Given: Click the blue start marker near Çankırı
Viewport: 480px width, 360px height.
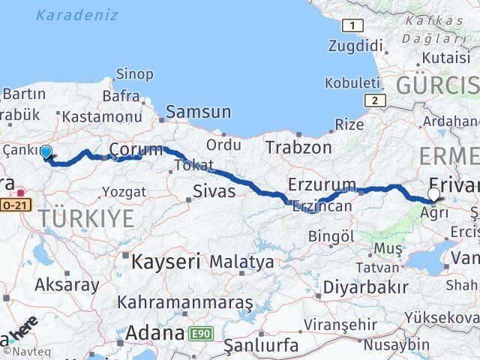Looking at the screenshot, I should point(46,152).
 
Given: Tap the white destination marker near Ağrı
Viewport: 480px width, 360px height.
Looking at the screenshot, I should point(433,195).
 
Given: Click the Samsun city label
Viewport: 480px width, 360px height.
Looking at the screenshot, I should point(199,112).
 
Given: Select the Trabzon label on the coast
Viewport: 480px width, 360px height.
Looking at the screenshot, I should point(298,147).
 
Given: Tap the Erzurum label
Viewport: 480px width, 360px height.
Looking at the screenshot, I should point(322,184).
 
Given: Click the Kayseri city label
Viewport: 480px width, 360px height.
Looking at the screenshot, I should point(166,262).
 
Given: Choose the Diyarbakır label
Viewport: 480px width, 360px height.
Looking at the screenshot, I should point(365,286).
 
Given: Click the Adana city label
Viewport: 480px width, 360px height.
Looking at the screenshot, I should point(155,332).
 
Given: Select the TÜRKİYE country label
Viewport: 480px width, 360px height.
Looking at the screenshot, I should point(87,219).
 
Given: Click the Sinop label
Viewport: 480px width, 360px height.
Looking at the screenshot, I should point(135,74).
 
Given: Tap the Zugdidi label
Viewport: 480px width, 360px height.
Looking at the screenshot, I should point(353,46).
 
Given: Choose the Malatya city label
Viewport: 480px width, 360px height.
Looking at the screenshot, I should point(241,262).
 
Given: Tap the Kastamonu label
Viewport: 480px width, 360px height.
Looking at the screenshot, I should point(102,116).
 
